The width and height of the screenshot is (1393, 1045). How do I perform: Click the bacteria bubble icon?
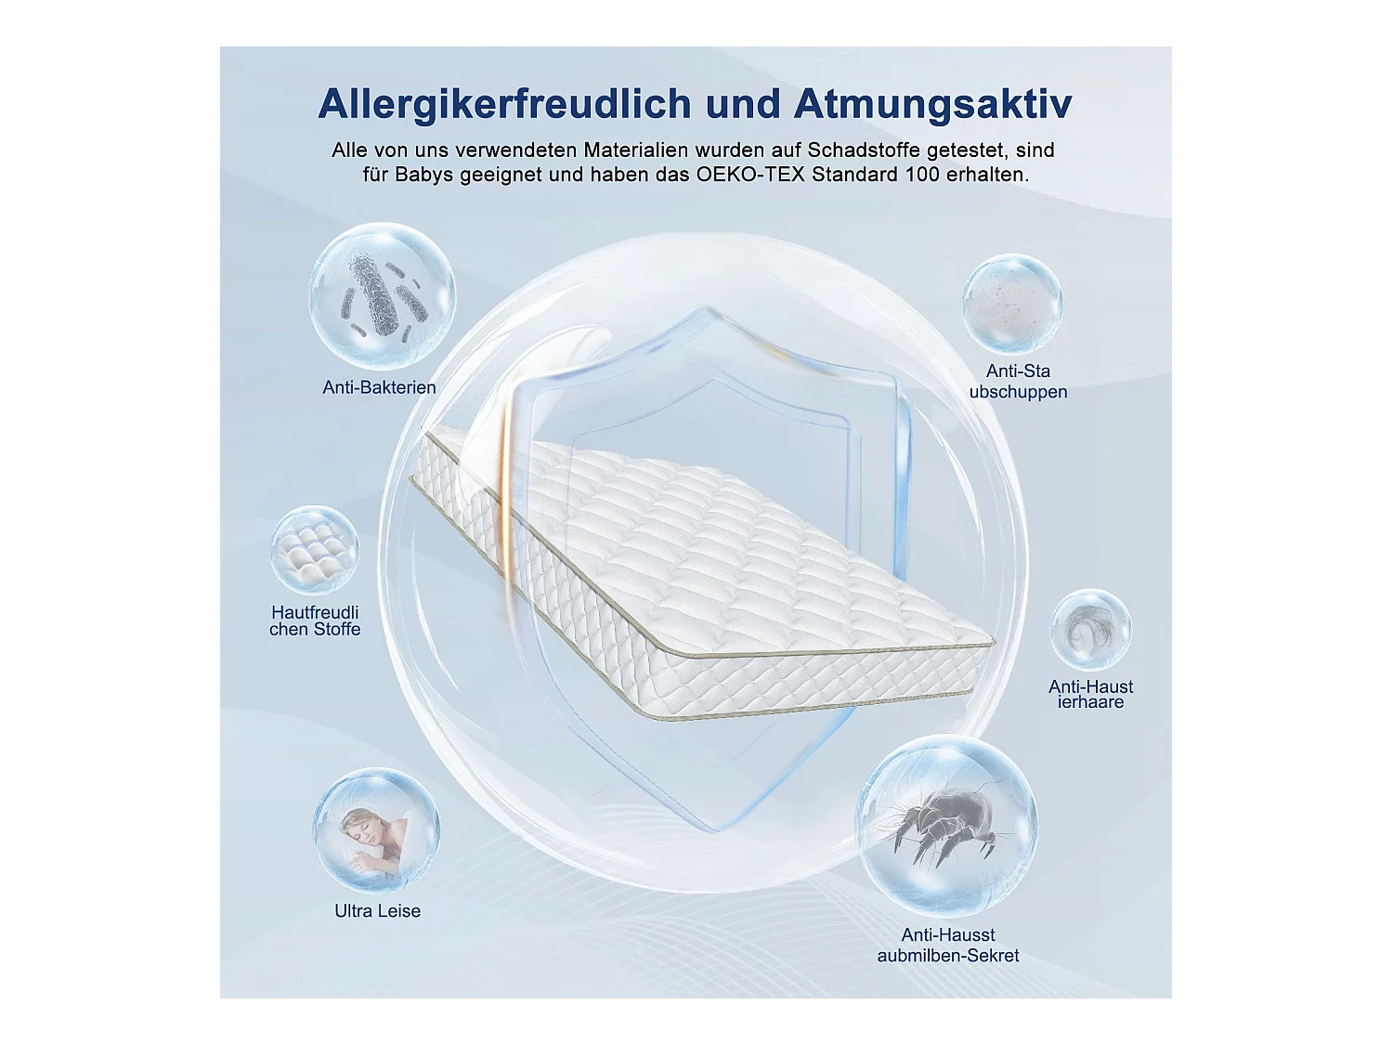click(382, 296)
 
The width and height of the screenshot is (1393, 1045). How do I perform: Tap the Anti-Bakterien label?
click(379, 387)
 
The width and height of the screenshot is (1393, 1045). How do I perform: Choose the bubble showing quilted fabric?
click(315, 550)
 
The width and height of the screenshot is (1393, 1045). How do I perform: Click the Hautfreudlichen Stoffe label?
click(315, 620)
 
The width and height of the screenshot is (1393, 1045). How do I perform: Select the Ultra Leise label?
click(377, 911)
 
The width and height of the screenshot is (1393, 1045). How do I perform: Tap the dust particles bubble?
click(1012, 304)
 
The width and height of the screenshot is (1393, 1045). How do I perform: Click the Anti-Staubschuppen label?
click(1018, 382)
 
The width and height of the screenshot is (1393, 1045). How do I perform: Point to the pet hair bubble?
click(1090, 630)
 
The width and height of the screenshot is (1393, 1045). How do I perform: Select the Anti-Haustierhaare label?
click(1090, 694)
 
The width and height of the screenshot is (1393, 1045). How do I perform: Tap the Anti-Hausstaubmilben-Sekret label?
click(948, 945)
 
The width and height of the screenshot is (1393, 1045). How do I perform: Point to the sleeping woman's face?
click(358, 823)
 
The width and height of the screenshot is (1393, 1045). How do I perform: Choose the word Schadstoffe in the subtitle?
click(863, 150)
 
